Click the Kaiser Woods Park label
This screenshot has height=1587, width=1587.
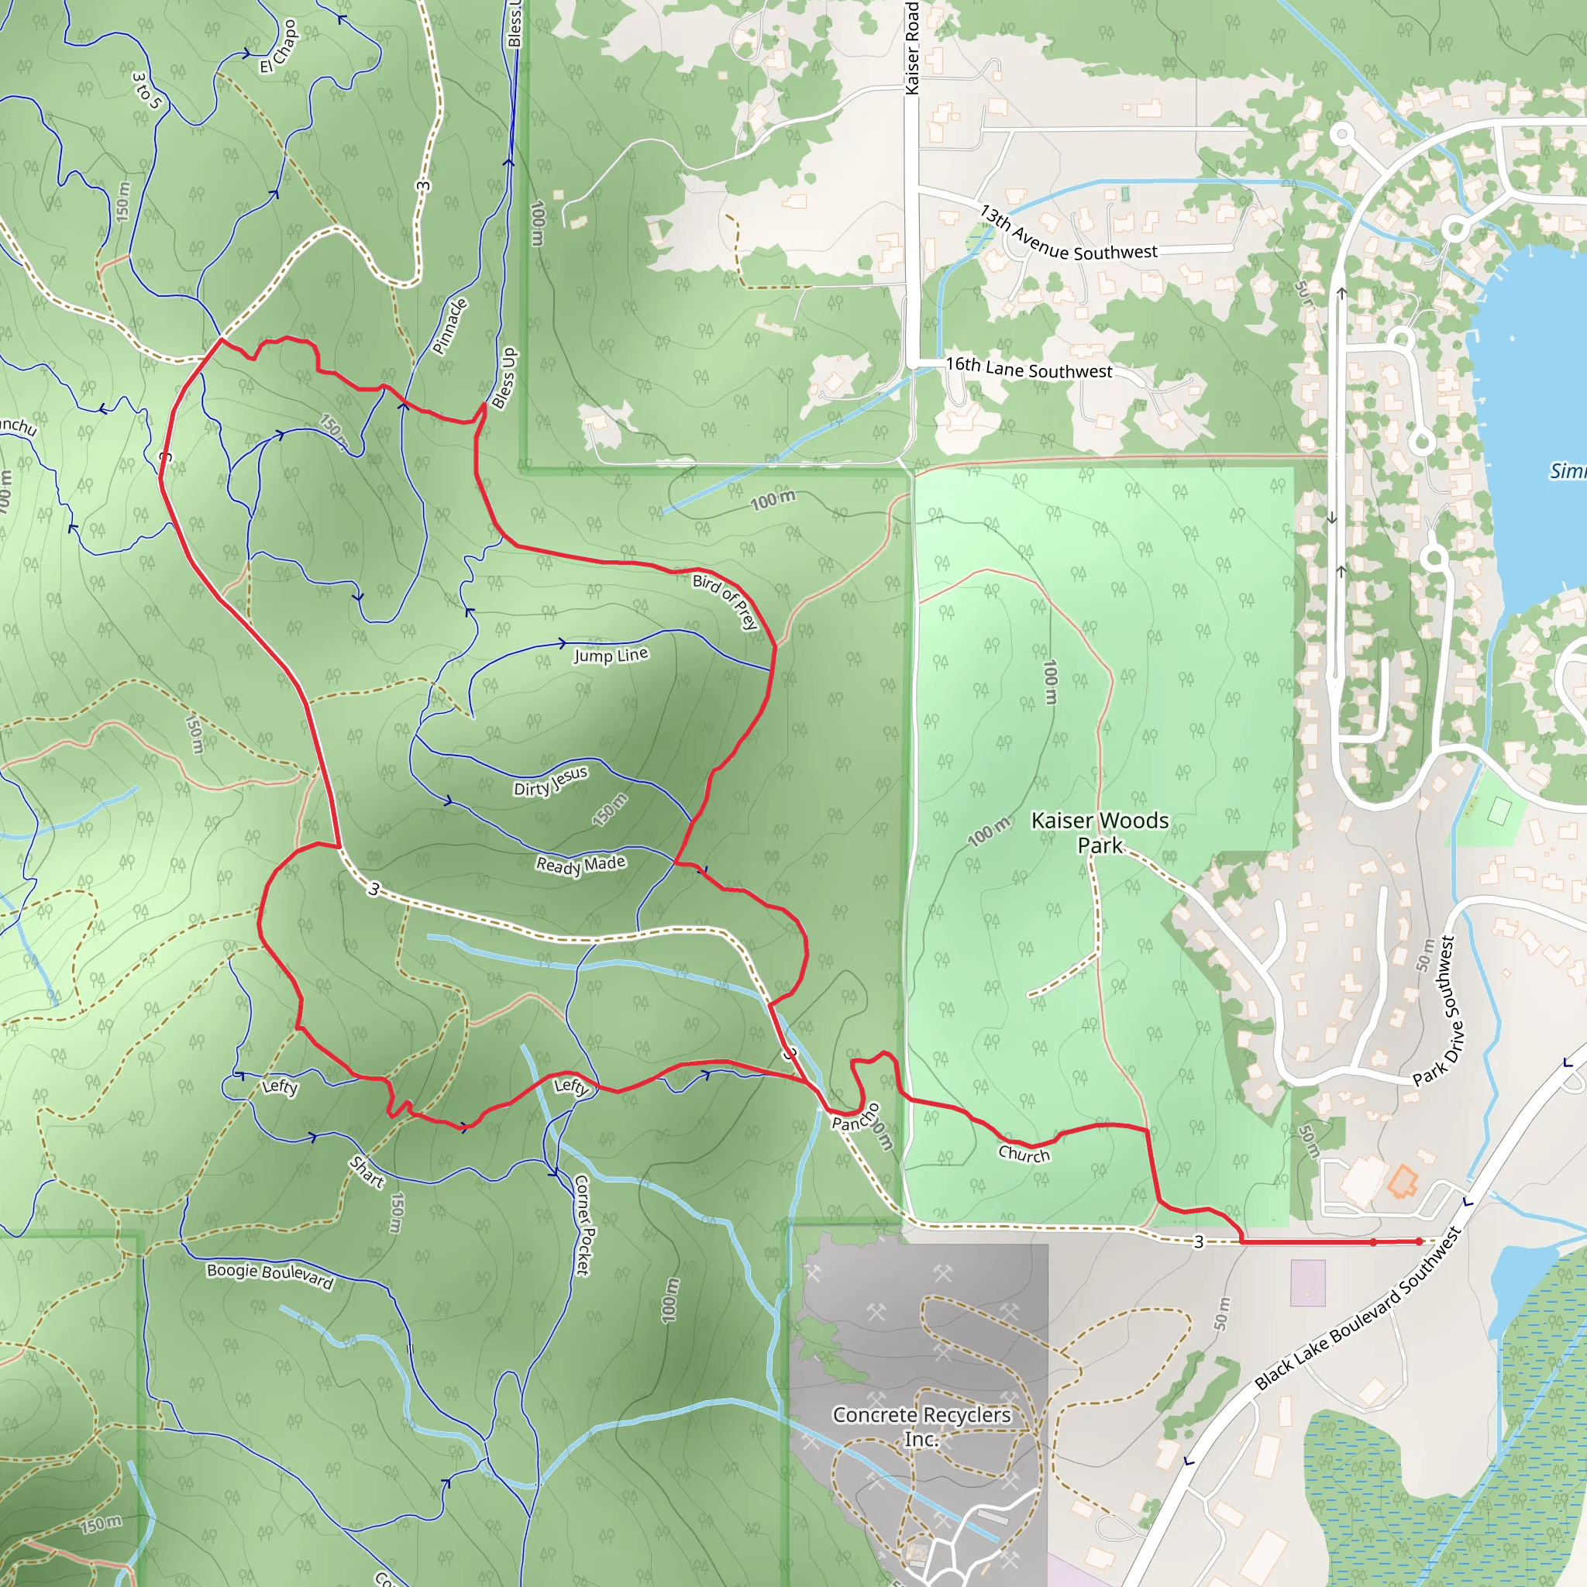(x=1099, y=832)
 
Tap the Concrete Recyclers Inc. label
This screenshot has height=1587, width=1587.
(x=921, y=1427)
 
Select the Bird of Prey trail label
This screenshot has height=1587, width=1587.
(x=725, y=601)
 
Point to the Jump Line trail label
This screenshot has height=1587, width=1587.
(x=611, y=655)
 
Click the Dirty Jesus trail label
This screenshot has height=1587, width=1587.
(x=550, y=781)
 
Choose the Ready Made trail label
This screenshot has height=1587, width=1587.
(x=580, y=864)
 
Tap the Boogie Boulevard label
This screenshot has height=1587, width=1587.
(x=270, y=1275)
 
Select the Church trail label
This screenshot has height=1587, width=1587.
(x=1024, y=1154)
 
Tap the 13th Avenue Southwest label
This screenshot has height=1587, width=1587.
(x=1068, y=234)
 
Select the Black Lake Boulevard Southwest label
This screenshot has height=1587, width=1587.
(x=1357, y=1309)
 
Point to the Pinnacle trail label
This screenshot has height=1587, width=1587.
(x=450, y=326)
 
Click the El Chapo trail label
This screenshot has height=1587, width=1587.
(x=277, y=46)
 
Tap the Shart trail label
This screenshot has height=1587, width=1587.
(x=367, y=1172)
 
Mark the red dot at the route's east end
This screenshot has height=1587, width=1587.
(x=1419, y=1242)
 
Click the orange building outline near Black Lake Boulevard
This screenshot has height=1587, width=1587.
(x=1402, y=1181)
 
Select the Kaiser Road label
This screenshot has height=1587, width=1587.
(x=912, y=47)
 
